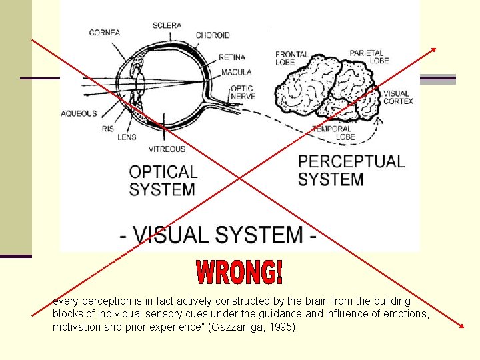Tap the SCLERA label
[x=167, y=25]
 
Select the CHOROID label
[x=213, y=35]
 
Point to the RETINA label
[x=231, y=57]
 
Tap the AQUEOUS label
[x=79, y=114]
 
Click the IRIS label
[x=107, y=129]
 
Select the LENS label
[x=127, y=137]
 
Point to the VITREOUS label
[x=167, y=149]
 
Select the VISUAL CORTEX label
[x=398, y=97]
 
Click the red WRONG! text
[x=240, y=272]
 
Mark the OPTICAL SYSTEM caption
[x=163, y=181]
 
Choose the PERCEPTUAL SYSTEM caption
[x=351, y=171]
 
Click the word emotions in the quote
[x=406, y=315]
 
